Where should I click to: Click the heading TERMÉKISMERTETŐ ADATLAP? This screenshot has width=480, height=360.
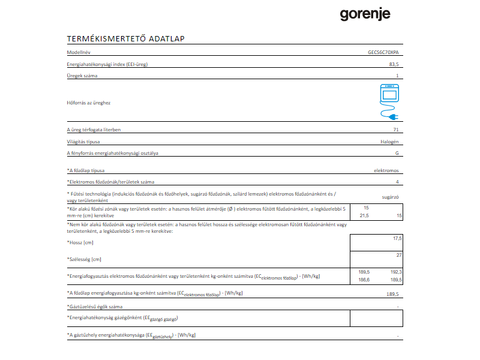click(x=125, y=40)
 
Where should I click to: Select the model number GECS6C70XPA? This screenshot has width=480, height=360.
click(x=383, y=53)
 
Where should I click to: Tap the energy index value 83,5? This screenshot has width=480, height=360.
click(x=394, y=64)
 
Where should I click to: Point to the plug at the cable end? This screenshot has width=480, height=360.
click(x=392, y=116)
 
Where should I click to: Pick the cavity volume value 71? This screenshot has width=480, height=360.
click(x=395, y=130)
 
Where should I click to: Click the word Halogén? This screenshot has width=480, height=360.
click(x=388, y=142)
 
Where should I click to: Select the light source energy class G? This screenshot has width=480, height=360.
click(x=397, y=153)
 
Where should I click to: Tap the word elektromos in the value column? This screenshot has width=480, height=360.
click(x=386, y=170)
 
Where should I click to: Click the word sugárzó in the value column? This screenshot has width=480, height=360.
click(x=391, y=196)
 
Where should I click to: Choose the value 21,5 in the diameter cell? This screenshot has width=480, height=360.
click(x=364, y=215)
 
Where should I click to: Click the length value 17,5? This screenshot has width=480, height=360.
click(x=397, y=238)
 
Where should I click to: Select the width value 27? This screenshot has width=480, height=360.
click(x=398, y=256)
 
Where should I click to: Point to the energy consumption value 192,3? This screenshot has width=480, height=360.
click(x=395, y=272)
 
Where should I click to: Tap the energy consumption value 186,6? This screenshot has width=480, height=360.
click(x=364, y=280)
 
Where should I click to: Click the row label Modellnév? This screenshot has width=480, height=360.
click(x=77, y=53)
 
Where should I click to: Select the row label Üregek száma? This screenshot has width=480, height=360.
click(x=82, y=76)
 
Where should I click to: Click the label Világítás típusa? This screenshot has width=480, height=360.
click(x=83, y=142)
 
